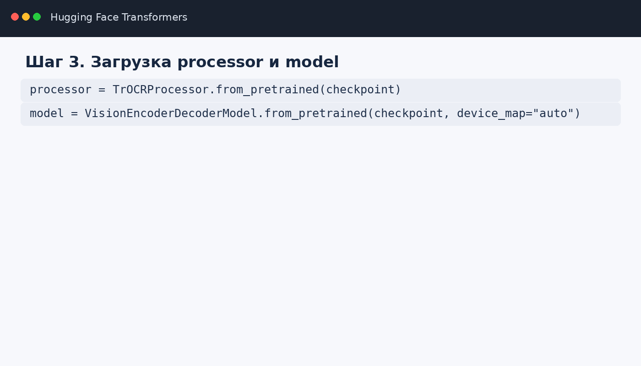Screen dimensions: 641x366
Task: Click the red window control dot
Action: (x=15, y=17)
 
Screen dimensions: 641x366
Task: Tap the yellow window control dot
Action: (x=26, y=17)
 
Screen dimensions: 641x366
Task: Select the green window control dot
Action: (x=37, y=17)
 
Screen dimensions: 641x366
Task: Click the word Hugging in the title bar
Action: (x=71, y=17)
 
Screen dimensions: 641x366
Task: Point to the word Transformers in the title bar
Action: (x=155, y=17)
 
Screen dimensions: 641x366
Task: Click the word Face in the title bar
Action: (x=107, y=17)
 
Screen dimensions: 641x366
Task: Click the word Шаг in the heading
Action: (x=44, y=62)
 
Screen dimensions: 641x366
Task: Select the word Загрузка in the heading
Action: (x=131, y=63)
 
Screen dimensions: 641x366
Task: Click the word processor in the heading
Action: (x=220, y=63)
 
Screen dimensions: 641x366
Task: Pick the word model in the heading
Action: (x=312, y=62)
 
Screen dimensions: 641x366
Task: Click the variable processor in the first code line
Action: (x=60, y=90)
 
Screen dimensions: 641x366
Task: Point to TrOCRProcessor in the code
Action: (x=161, y=90)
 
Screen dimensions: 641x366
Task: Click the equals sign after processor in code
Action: (x=102, y=90)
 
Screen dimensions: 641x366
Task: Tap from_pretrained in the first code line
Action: (x=267, y=90)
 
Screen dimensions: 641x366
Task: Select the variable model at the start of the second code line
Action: (x=47, y=113)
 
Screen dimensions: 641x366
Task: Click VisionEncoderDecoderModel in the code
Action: (x=171, y=113)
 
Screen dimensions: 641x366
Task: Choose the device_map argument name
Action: (x=491, y=113)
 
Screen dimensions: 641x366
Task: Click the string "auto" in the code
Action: (x=553, y=113)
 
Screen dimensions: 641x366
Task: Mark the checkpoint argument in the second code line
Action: (x=408, y=113)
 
